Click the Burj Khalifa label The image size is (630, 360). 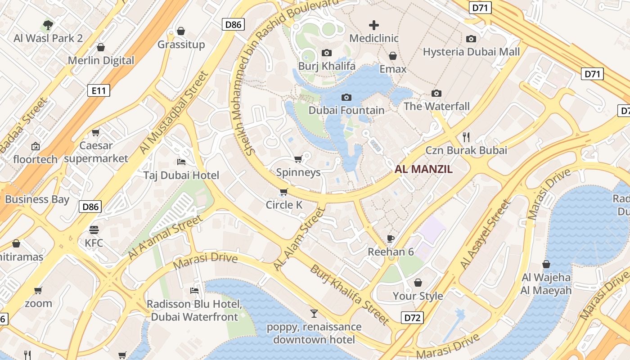coord(327,66)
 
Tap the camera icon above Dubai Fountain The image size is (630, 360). coord(346,97)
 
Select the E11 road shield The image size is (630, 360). coord(99,91)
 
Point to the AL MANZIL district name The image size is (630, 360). coord(423,169)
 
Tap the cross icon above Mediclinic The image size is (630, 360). coord(374,25)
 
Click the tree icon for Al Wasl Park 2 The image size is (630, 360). coord(48,25)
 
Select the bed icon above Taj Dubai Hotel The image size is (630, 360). coord(181,162)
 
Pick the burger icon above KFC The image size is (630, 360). coord(94,230)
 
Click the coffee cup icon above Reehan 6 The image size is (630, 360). coord(391,238)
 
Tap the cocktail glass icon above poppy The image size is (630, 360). coord(314,313)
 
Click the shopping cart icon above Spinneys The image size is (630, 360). coord(298,159)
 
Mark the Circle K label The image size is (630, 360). coord(284,205)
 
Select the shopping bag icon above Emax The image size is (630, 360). coord(393,56)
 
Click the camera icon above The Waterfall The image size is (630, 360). coord(436,94)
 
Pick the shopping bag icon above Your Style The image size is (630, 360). coord(418,283)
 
